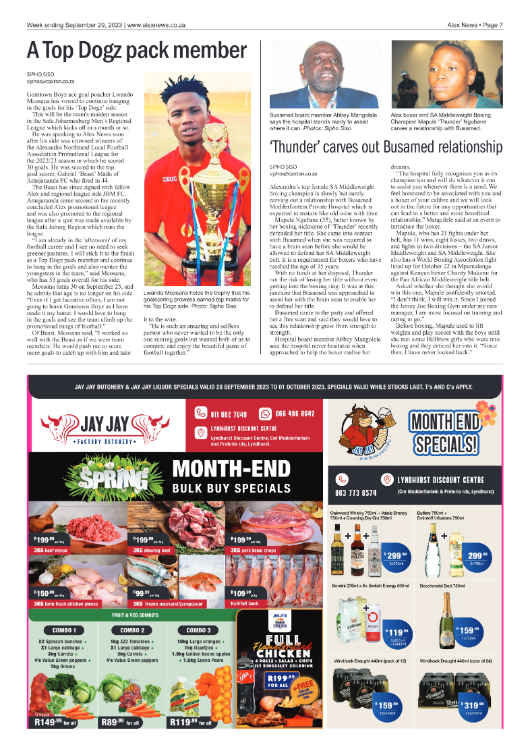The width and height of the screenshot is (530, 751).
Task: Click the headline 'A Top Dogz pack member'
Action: tap(137, 51)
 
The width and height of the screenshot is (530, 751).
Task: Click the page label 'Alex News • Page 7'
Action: tap(475, 25)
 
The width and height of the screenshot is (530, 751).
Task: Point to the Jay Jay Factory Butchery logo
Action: tap(105, 428)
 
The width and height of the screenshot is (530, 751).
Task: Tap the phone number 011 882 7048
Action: tap(227, 414)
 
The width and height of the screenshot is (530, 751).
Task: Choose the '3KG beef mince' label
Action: tap(52, 550)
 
